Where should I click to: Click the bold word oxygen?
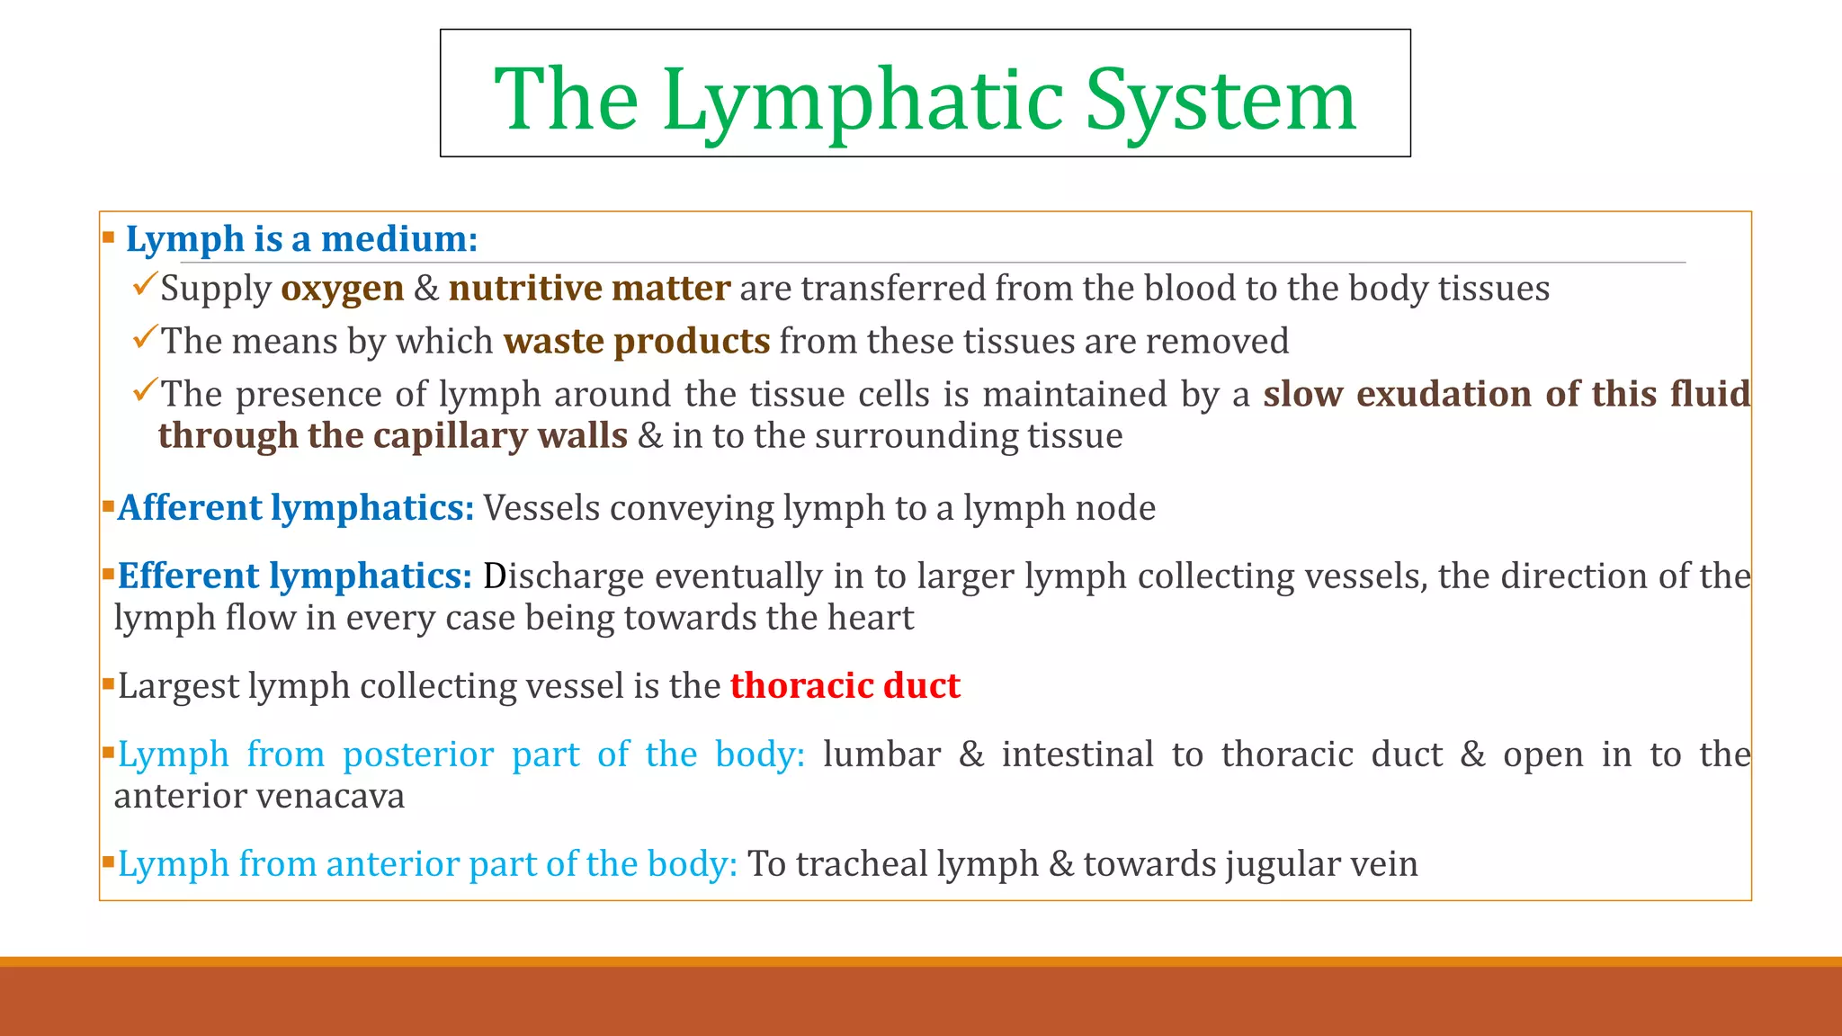coord(343,289)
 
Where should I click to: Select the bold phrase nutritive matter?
coord(589,289)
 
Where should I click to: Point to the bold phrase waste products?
coord(637,342)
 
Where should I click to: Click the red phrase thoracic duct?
coord(845,686)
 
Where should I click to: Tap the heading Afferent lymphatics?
coord(296,508)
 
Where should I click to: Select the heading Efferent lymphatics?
coord(295,576)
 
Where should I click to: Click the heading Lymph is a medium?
coord(301,239)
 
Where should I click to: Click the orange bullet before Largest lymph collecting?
coord(108,683)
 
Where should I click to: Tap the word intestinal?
coord(1077,755)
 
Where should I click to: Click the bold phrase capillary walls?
coord(500,436)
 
